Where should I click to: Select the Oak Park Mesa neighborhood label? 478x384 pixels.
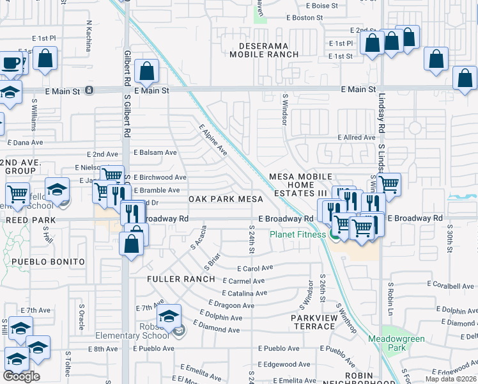(x=222, y=199)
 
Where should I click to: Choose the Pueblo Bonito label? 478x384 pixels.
(x=48, y=262)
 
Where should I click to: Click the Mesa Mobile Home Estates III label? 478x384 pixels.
(x=300, y=184)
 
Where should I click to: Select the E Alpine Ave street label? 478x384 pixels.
(x=213, y=140)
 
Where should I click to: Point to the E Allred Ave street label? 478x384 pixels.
(x=357, y=138)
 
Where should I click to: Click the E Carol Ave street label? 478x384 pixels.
(x=254, y=269)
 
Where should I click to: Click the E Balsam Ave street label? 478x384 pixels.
(x=155, y=152)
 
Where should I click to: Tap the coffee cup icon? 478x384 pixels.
(x=10, y=63)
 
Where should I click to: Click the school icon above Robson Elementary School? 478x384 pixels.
(x=169, y=316)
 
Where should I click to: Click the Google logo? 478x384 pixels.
(x=21, y=376)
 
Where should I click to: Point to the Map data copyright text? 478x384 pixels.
(x=451, y=379)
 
